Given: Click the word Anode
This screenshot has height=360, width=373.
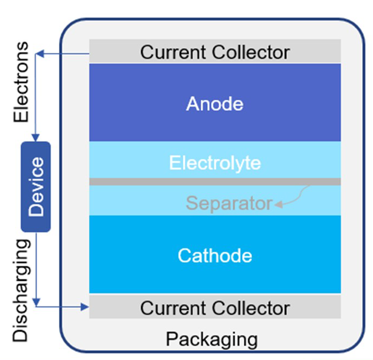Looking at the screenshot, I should tap(214, 104).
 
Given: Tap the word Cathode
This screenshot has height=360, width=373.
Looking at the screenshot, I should tap(214, 255).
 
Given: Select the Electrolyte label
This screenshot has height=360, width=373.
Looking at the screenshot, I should tap(214, 163).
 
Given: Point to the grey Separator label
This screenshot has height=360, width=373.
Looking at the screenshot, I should tap(228, 203).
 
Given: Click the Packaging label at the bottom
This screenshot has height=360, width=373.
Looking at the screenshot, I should tap(212, 339).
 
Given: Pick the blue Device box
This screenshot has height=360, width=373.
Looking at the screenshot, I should tap(36, 187).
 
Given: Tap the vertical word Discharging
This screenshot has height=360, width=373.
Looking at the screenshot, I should tap(21, 289).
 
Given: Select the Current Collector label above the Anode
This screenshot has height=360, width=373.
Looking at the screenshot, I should tap(214, 52).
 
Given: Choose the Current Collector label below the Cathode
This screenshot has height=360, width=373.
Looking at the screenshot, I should tap(214, 308).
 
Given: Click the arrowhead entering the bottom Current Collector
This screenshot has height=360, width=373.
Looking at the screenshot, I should tap(85, 308).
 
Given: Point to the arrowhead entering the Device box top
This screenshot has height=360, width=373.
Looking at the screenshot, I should tap(36, 137).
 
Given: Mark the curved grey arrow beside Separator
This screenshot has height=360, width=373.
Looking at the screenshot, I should tap(294, 197).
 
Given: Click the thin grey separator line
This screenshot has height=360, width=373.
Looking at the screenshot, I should tap(214, 181).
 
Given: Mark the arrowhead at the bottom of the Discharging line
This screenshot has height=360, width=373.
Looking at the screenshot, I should tap(36, 301).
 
